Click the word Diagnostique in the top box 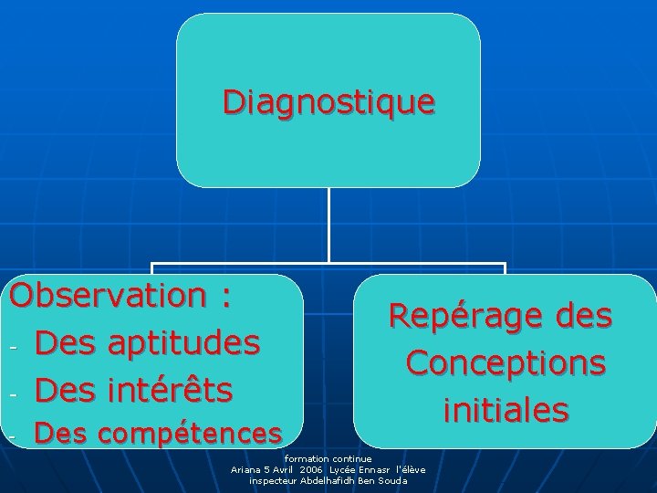[328, 101]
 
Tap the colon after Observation [224, 298]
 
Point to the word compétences [191, 432]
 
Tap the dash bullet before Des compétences [13, 436]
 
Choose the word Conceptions [506, 363]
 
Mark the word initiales [506, 410]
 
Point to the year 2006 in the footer [310, 469]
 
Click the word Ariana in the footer [248, 469]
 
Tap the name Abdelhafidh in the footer [317, 480]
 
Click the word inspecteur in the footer [270, 480]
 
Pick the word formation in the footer [305, 458]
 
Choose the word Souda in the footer [393, 480]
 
